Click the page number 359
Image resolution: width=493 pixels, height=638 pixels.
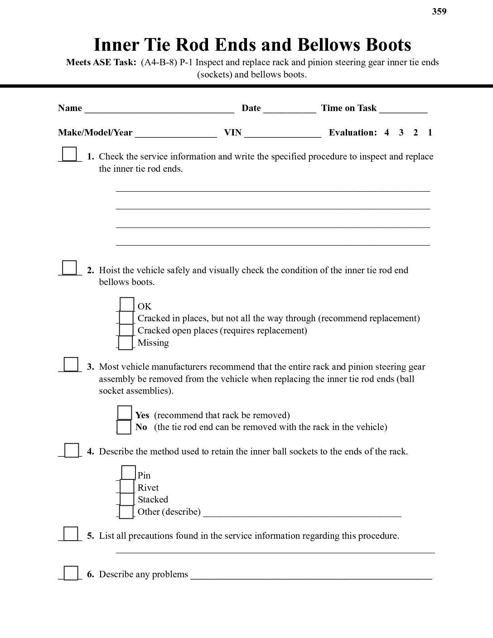pyautogui.click(x=439, y=12)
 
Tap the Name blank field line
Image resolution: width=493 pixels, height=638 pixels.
pyautogui.click(x=159, y=109)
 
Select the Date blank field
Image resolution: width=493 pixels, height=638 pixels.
pyautogui.click(x=290, y=109)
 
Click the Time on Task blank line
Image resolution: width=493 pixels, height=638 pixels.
pyautogui.click(x=403, y=109)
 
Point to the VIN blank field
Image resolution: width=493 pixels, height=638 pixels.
pyautogui.click(x=283, y=133)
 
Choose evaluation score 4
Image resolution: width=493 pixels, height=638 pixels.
pyautogui.click(x=387, y=133)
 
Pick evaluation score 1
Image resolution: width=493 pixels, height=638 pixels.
pyautogui.click(x=430, y=133)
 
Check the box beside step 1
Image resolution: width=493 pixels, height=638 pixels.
pyautogui.click(x=69, y=154)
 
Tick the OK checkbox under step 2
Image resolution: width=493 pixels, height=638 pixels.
pyautogui.click(x=127, y=304)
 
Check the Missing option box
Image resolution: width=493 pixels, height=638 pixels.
pyautogui.click(x=126, y=343)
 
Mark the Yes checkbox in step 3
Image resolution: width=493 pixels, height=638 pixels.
pyautogui.click(x=125, y=413)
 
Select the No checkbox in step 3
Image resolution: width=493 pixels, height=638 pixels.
pyautogui.click(x=124, y=427)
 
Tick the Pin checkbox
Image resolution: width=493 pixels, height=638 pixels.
pyautogui.click(x=128, y=473)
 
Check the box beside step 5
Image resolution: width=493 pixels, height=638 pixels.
pyautogui.click(x=70, y=533)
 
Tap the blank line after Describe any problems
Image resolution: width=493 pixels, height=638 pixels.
pyautogui.click(x=311, y=575)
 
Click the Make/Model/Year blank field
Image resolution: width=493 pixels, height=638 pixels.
pyautogui.click(x=176, y=133)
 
